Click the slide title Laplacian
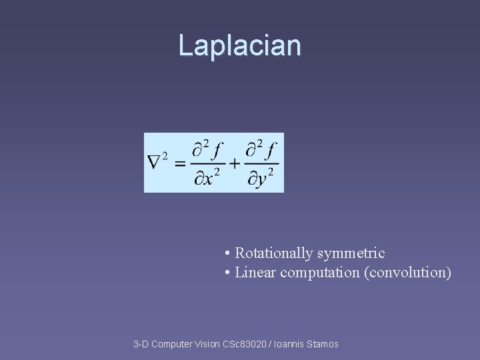click(x=239, y=46)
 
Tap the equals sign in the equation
click(x=180, y=163)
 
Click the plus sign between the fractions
click(x=235, y=163)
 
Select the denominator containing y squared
click(x=262, y=178)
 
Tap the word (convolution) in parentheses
click(x=407, y=273)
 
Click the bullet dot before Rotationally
click(x=228, y=254)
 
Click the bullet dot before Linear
click(x=228, y=273)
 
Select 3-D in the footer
click(x=141, y=344)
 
